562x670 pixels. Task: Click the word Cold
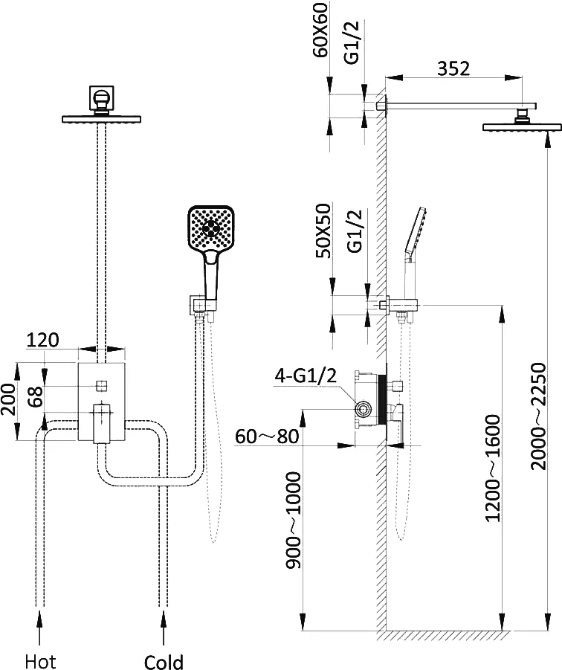click(164, 660)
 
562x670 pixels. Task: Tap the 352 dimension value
click(453, 68)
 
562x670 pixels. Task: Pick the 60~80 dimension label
click(266, 436)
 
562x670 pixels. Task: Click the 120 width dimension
click(42, 341)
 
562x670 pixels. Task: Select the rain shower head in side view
click(520, 127)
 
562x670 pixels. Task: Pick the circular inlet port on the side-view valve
click(364, 409)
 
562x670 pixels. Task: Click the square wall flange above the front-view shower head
click(100, 97)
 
